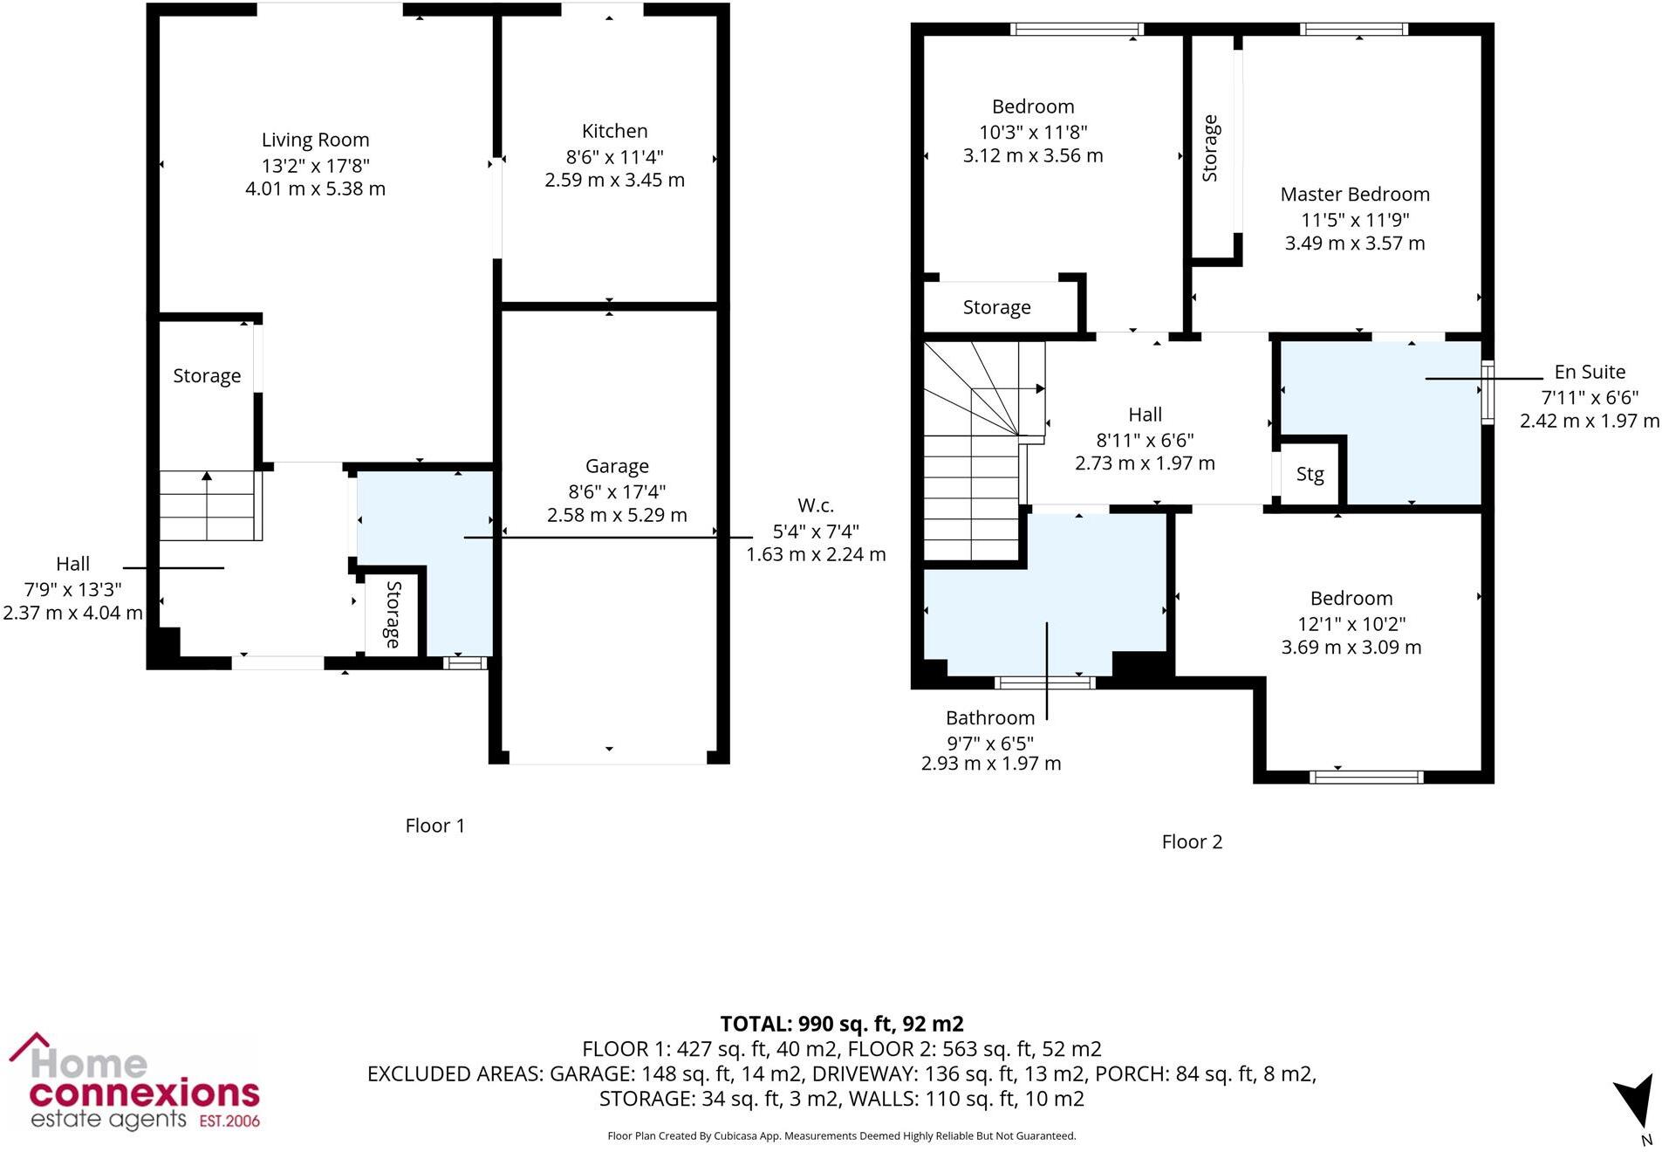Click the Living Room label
click(x=315, y=140)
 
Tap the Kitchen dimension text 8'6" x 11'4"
click(x=614, y=157)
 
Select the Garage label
click(x=616, y=466)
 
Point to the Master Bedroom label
click(x=1354, y=195)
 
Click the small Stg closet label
click(x=1309, y=475)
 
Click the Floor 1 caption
click(x=434, y=826)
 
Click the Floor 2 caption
click(x=1191, y=842)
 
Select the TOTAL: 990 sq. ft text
click(x=841, y=1024)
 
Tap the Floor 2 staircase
click(x=970, y=454)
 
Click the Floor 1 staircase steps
click(x=208, y=506)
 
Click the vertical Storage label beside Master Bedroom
click(x=1209, y=148)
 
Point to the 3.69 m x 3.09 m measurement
click(x=1351, y=648)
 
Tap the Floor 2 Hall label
click(x=1144, y=415)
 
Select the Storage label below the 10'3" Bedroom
click(x=996, y=307)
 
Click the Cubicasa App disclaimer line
click(x=841, y=1135)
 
